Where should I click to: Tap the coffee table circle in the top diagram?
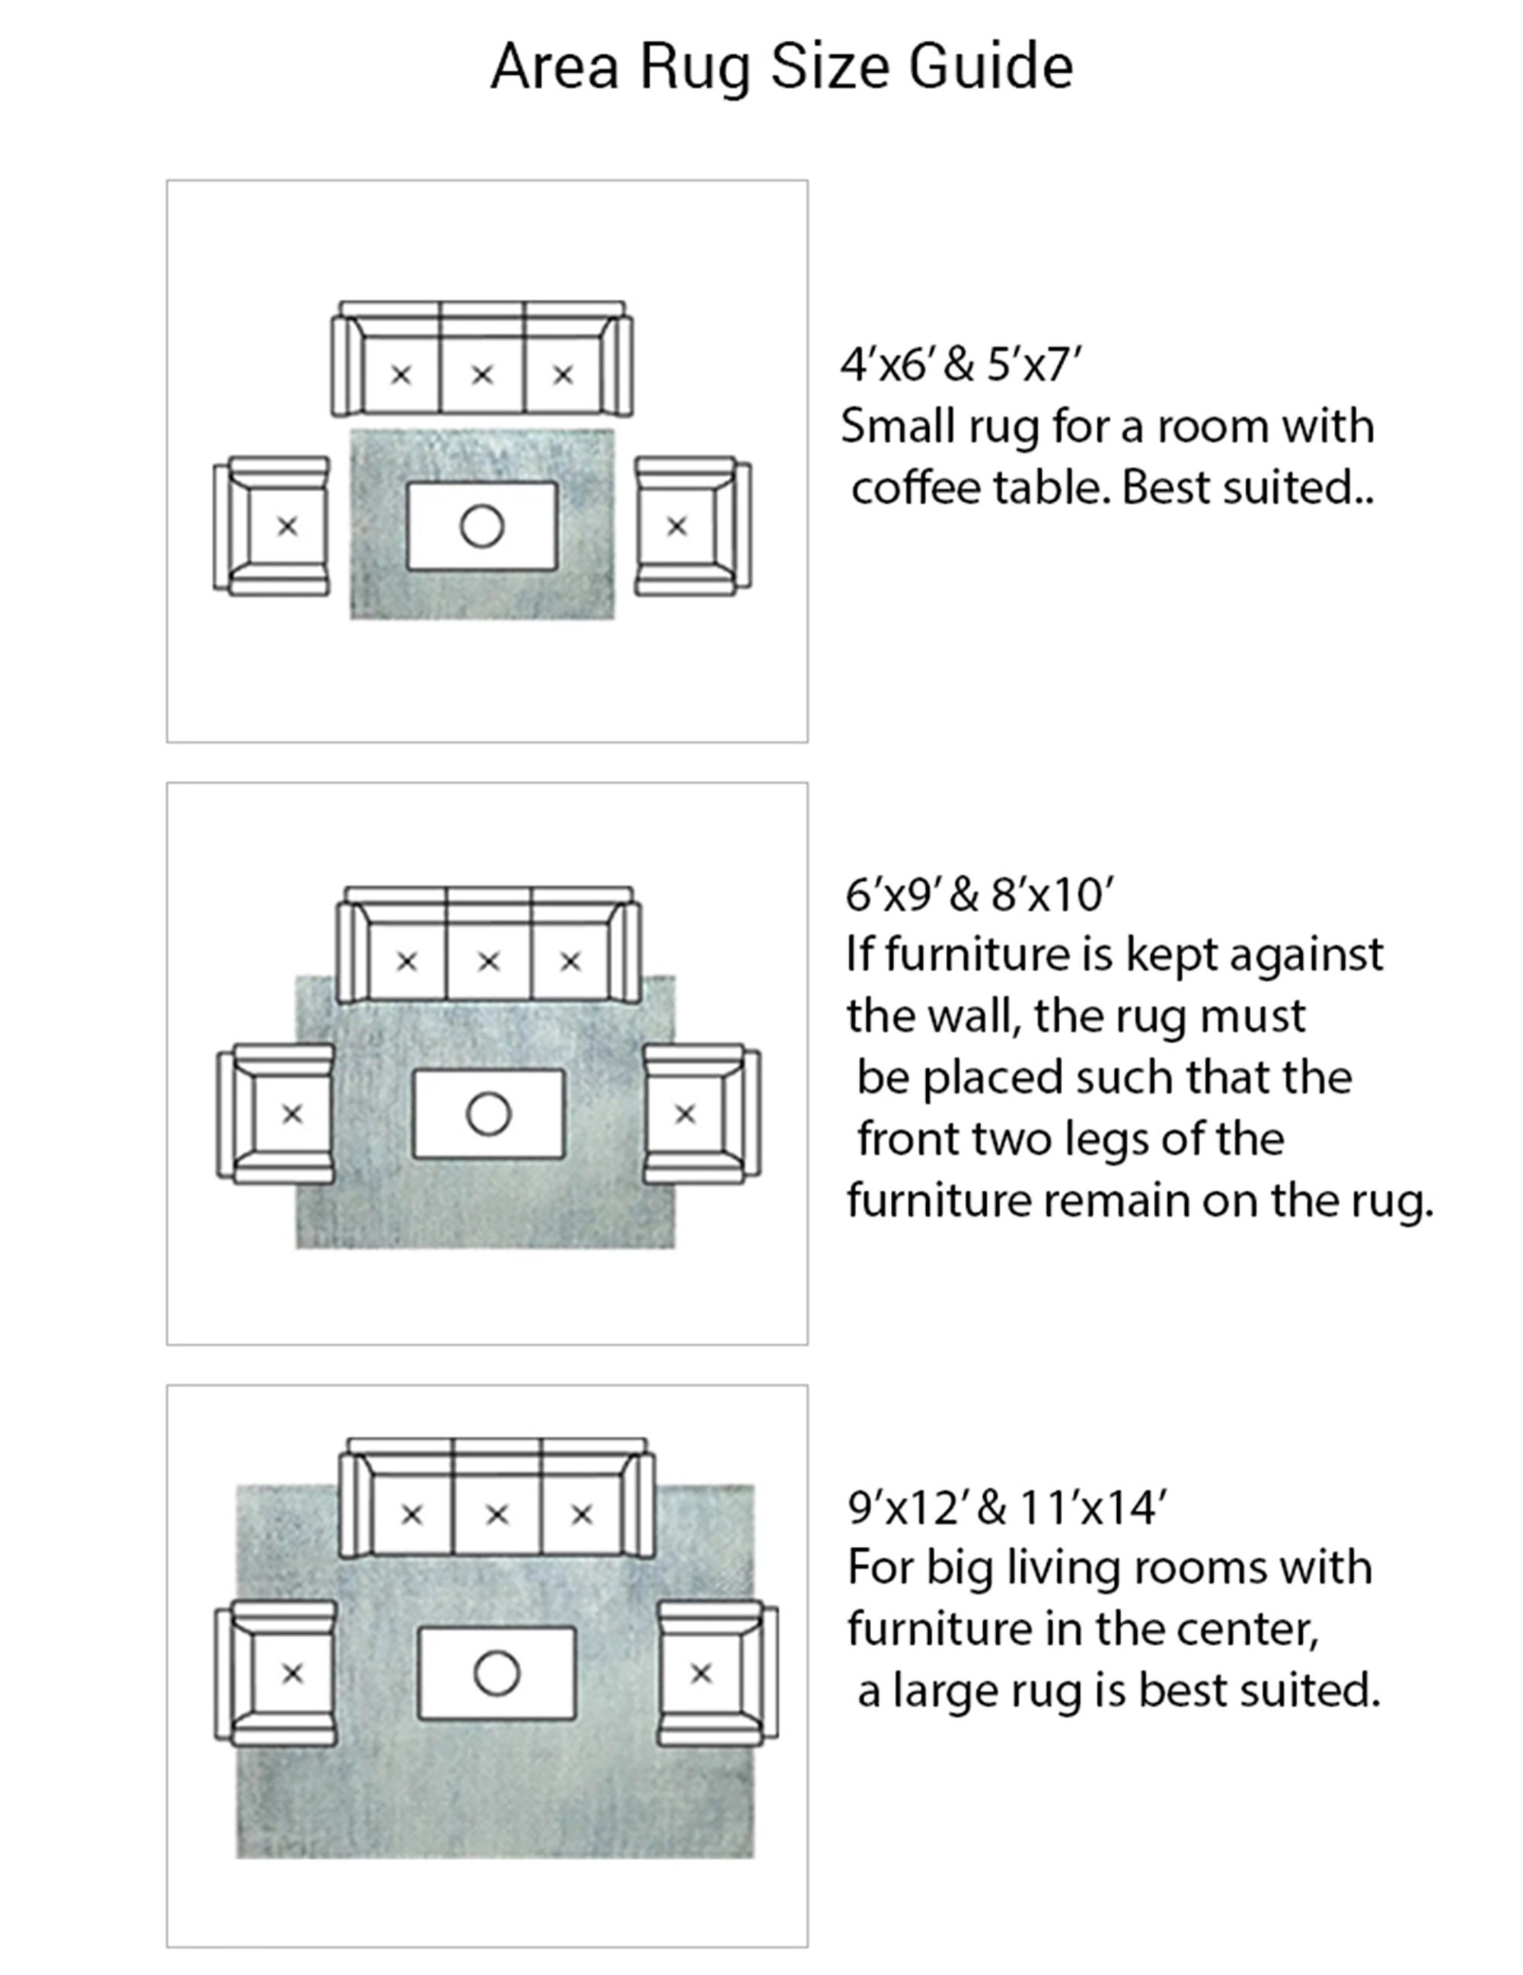click(x=481, y=526)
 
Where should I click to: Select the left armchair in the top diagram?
click(x=271, y=525)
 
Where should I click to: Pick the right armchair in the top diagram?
click(x=693, y=525)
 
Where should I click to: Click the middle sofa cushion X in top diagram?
click(x=482, y=375)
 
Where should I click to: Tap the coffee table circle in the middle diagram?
click(x=488, y=1114)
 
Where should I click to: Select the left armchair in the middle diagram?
click(x=276, y=1113)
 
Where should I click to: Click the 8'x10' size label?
click(x=1052, y=895)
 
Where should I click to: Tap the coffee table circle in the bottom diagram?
click(x=496, y=1673)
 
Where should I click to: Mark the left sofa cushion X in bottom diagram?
click(x=411, y=1514)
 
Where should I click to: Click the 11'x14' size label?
click(x=1094, y=1508)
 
